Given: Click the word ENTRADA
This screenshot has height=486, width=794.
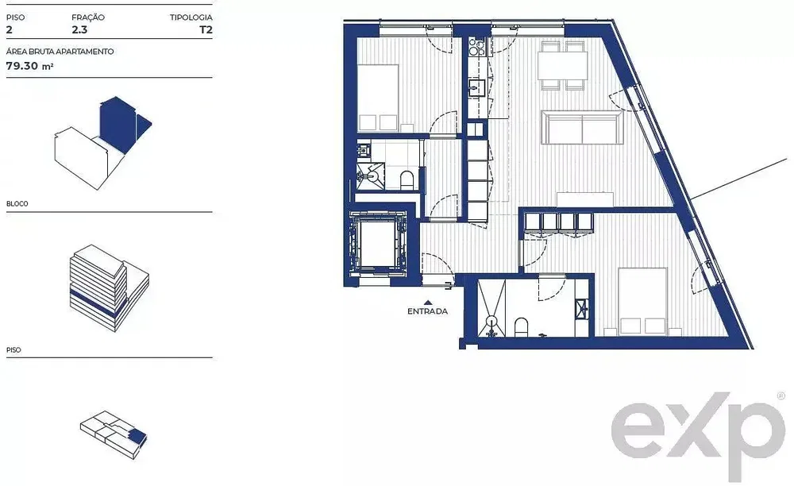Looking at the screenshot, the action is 427,311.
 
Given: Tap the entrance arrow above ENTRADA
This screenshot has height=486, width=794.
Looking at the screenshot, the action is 428,303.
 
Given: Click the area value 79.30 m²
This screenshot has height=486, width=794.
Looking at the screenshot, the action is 30,66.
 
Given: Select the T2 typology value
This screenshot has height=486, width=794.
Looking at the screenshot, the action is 206,29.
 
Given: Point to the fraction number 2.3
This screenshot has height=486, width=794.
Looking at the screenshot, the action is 79,29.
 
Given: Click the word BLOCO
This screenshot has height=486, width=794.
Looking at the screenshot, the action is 17,203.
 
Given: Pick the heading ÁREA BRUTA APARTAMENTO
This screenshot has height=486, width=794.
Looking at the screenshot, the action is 60,51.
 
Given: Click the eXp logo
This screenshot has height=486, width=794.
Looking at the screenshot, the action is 698,435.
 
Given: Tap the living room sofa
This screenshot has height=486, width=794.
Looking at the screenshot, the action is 582,128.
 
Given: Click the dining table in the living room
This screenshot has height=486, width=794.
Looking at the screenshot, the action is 563,65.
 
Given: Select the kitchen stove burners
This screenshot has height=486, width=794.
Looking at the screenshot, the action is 476,46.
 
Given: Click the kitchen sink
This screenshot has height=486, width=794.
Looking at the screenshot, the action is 476,87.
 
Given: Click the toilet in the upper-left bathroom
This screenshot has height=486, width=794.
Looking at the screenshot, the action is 407,179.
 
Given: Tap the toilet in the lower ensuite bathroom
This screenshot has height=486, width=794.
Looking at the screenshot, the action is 521,327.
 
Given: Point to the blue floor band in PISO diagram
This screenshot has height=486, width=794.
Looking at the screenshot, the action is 98,301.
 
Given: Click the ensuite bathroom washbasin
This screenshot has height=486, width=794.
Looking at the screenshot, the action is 582,308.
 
